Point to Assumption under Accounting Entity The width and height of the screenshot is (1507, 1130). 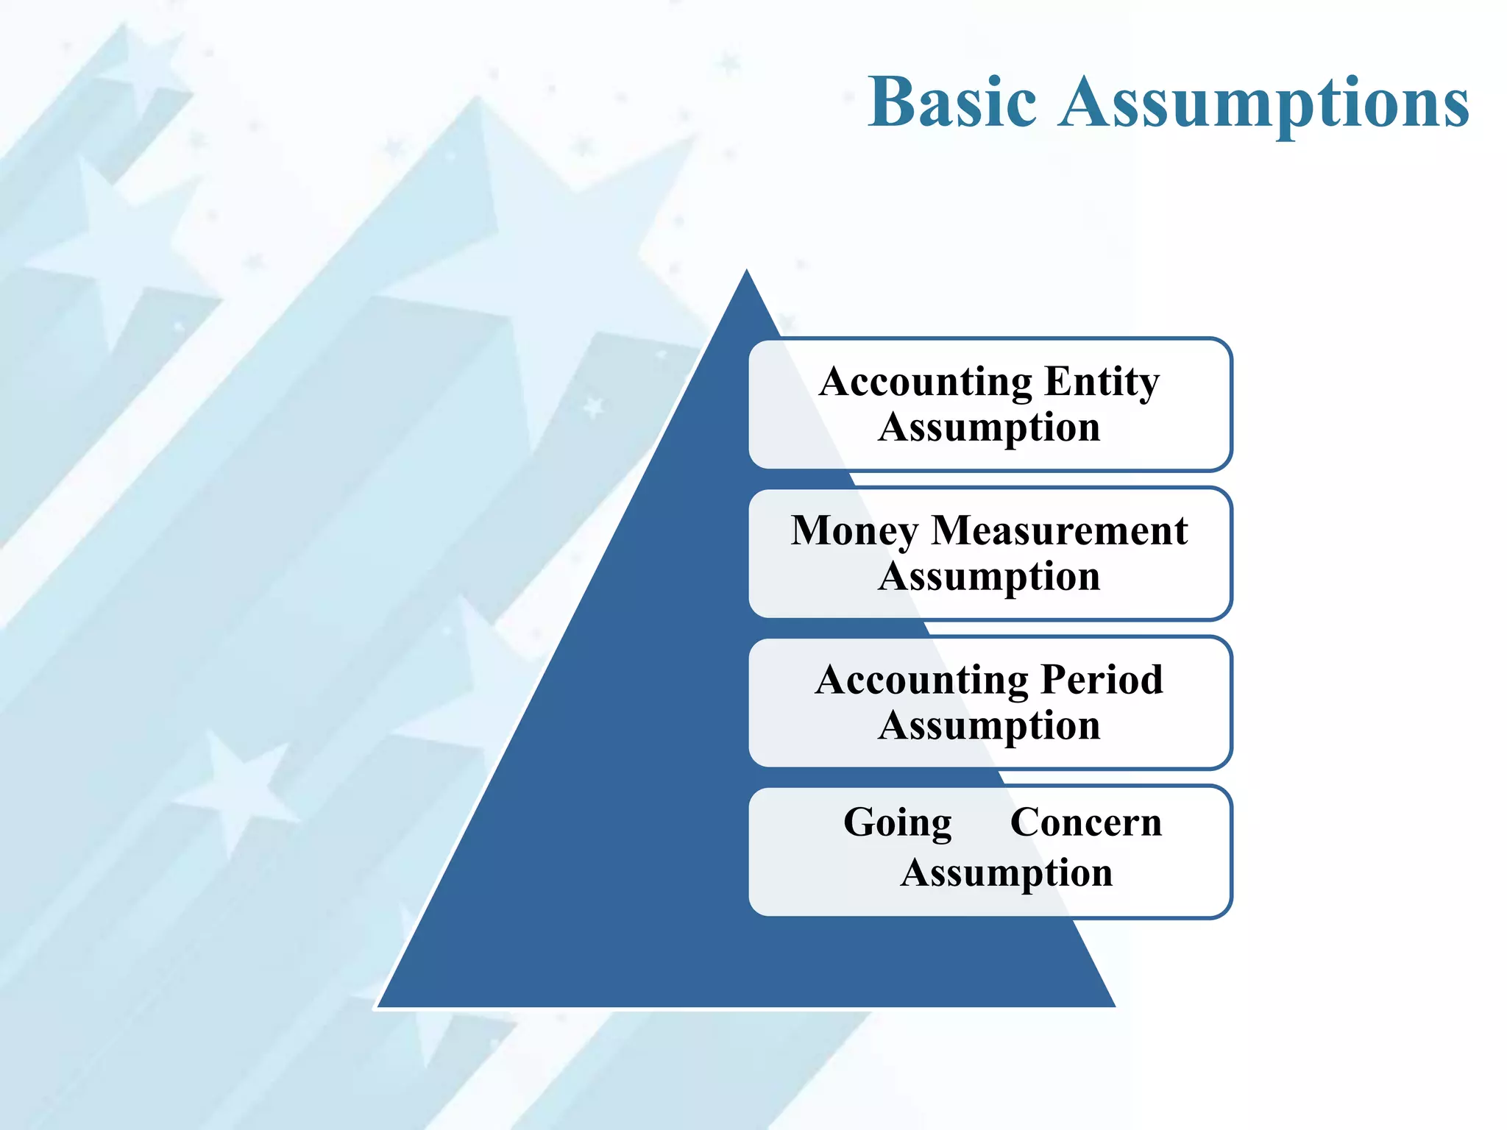pos(989,428)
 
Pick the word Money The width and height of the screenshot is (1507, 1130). pos(854,531)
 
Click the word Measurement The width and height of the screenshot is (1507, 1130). pos(1059,530)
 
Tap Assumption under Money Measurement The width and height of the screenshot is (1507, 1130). pos(989,577)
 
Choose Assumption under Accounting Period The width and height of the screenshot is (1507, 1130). pos(989,726)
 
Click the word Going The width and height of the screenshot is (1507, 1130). pos(897,823)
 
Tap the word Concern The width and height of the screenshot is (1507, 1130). pos(1085,822)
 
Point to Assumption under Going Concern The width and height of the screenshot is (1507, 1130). pos(1006,874)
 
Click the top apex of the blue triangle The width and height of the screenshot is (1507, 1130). pos(747,271)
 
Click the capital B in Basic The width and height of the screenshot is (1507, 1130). pos(891,102)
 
